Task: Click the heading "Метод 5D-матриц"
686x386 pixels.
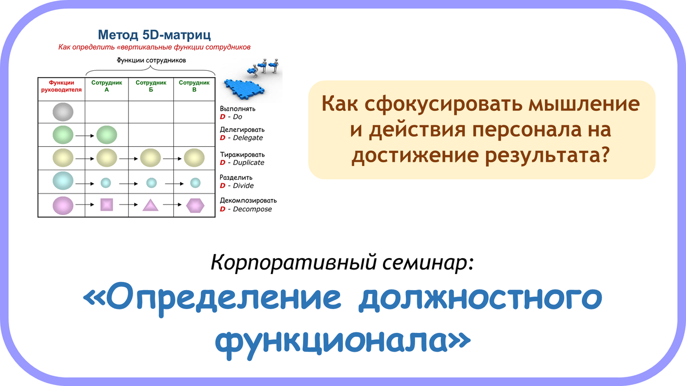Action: pyautogui.click(x=154, y=35)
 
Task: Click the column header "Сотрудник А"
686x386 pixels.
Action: pyautogui.click(x=106, y=86)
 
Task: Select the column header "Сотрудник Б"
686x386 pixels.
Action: pyautogui.click(x=151, y=86)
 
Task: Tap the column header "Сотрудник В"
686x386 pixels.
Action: pyautogui.click(x=194, y=86)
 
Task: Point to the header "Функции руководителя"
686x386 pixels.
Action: pyautogui.click(x=61, y=86)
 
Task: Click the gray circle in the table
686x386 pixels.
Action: pyautogui.click(x=63, y=112)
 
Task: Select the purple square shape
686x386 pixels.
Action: pyautogui.click(x=106, y=204)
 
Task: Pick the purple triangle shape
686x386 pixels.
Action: pyautogui.click(x=150, y=205)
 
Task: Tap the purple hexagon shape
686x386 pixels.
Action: pyautogui.click(x=195, y=206)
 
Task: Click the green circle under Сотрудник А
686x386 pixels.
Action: pyautogui.click(x=106, y=135)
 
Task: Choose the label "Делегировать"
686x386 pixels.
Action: pyautogui.click(x=242, y=130)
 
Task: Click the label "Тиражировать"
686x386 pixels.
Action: pyautogui.click(x=242, y=155)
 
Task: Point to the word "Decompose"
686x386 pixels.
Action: pyautogui.click(x=252, y=209)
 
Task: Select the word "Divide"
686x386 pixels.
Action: pyautogui.click(x=243, y=186)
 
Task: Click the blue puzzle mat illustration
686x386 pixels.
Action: pyautogui.click(x=245, y=88)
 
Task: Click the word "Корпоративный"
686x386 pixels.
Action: pyautogui.click(x=293, y=263)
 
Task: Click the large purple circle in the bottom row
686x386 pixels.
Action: pyautogui.click(x=63, y=205)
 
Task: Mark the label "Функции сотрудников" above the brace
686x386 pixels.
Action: pyautogui.click(x=151, y=61)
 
